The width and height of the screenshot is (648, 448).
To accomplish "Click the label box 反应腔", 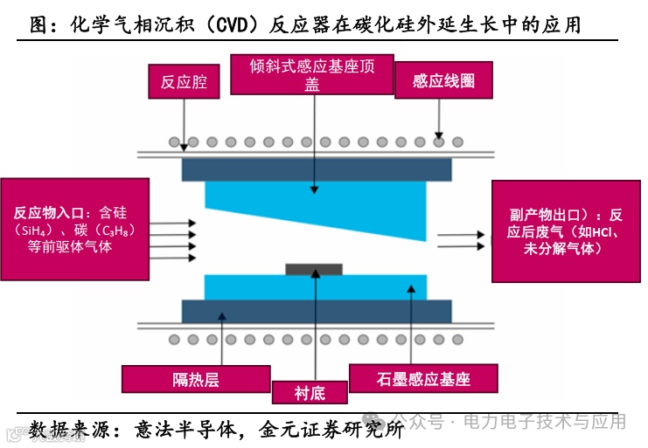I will point(184,82).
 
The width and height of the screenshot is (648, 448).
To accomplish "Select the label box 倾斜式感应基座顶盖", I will point(312,74).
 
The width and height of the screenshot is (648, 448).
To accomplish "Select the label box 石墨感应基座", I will point(423,378).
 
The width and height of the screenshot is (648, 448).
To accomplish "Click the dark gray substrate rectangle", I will point(314,269).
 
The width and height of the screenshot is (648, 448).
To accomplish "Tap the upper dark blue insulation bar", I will point(316,169).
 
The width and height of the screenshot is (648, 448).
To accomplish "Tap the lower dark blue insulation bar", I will point(316,311).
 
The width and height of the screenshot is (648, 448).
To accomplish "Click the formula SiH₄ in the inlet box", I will point(34,230).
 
